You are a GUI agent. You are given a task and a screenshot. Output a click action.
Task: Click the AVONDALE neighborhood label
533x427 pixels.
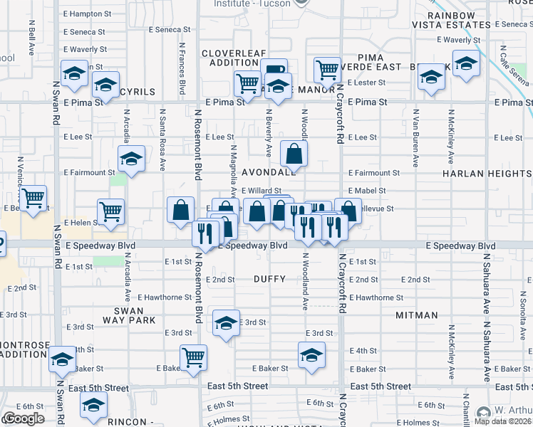click(269, 173)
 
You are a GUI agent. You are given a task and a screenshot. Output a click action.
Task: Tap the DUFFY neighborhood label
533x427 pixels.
click(269, 280)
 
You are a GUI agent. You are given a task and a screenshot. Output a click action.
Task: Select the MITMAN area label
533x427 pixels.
click(417, 315)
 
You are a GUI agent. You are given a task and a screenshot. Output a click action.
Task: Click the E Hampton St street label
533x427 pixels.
click(88, 14)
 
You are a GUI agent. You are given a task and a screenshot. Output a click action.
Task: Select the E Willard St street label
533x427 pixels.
click(262, 191)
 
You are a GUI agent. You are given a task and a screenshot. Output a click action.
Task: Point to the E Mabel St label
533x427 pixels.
click(367, 191)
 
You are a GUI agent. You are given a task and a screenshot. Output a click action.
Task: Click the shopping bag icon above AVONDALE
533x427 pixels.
click(294, 154)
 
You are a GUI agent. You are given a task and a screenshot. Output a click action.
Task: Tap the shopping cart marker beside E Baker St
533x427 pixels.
click(193, 357)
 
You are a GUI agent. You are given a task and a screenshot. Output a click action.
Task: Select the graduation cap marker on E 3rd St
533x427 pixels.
click(226, 325)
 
